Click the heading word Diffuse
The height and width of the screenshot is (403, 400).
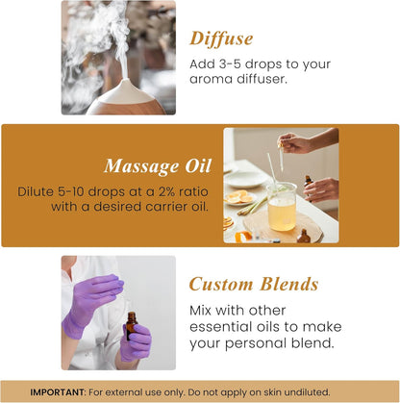click(x=221, y=38)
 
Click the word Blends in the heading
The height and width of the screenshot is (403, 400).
click(x=287, y=284)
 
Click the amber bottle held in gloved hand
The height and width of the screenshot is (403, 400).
click(x=130, y=326)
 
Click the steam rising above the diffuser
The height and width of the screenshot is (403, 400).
click(x=105, y=38)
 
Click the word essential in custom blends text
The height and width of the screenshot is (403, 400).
click(x=218, y=326)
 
